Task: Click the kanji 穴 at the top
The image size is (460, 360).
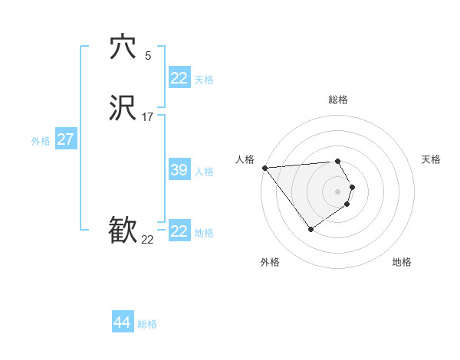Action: pos(123,47)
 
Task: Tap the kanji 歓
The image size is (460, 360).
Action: pos(123,230)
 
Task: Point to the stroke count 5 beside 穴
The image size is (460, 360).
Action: pos(148,55)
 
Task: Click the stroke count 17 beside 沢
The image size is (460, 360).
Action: pos(147,117)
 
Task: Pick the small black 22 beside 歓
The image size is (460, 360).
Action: pos(147,240)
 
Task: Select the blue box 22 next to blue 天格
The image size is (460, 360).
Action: pos(179,78)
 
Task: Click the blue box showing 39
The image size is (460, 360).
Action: pos(179,170)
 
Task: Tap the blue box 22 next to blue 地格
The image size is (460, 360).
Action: pos(179,231)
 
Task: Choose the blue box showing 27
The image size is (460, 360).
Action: pos(65,139)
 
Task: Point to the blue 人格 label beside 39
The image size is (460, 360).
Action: pos(204,172)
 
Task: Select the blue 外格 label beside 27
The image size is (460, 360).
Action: pos(41,141)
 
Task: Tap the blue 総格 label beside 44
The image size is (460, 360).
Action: pos(147,324)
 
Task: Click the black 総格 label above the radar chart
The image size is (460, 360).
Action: pos(337,100)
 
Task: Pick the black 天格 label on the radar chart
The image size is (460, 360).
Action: pos(431,159)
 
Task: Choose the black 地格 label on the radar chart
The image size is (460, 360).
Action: pos(402,262)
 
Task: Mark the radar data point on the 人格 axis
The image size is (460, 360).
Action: pos(264,168)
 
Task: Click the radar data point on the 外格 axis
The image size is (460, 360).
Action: pos(310,229)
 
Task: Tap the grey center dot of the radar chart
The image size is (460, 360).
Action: pos(337,191)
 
